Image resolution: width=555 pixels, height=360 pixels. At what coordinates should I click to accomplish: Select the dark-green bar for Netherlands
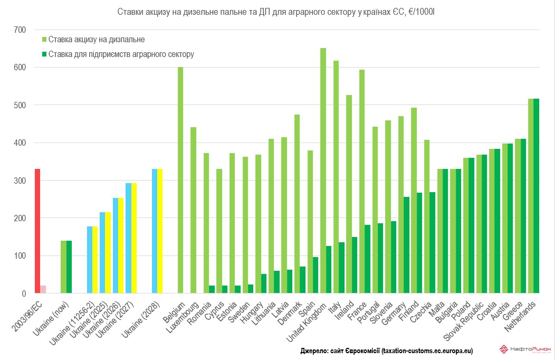pyautogui.click(x=537, y=196)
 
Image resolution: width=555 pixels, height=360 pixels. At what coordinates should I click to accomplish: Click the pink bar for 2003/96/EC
pyautogui.click(x=43, y=289)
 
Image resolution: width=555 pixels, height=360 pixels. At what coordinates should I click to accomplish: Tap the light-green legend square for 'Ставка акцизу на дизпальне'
pyautogui.click(x=44, y=40)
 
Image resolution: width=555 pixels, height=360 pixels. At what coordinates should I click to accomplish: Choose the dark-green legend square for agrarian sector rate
pyautogui.click(x=44, y=54)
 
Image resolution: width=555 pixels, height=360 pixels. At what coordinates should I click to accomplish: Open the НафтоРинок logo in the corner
pyautogui.click(x=525, y=349)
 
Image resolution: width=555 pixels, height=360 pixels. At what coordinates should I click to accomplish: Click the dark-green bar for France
pyautogui.click(x=368, y=259)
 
